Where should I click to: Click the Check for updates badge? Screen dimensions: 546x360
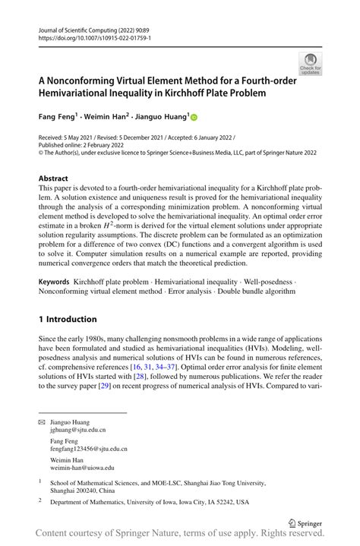tap(310, 64)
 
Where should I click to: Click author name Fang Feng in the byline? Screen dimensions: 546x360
tap(58, 118)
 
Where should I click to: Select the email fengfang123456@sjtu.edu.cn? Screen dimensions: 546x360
tap(89, 449)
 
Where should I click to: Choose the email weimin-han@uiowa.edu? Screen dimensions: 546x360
tap(82, 468)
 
